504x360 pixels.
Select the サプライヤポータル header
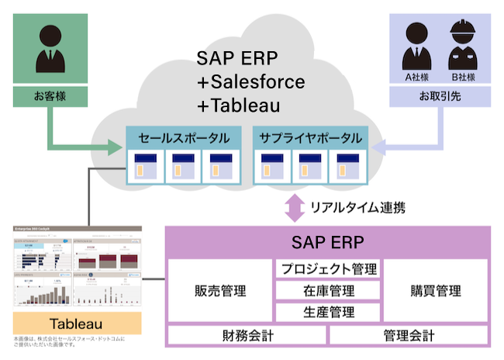(310, 139)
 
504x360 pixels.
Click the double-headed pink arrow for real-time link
(292, 207)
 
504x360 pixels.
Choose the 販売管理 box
(219, 291)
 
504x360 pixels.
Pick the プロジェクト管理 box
(329, 269)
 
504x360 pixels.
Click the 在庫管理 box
(329, 291)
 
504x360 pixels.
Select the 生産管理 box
(329, 313)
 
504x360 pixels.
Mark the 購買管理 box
(435, 291)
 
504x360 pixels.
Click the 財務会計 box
(247, 336)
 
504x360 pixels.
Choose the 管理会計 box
(409, 336)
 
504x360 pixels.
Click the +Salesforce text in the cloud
(250, 81)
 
